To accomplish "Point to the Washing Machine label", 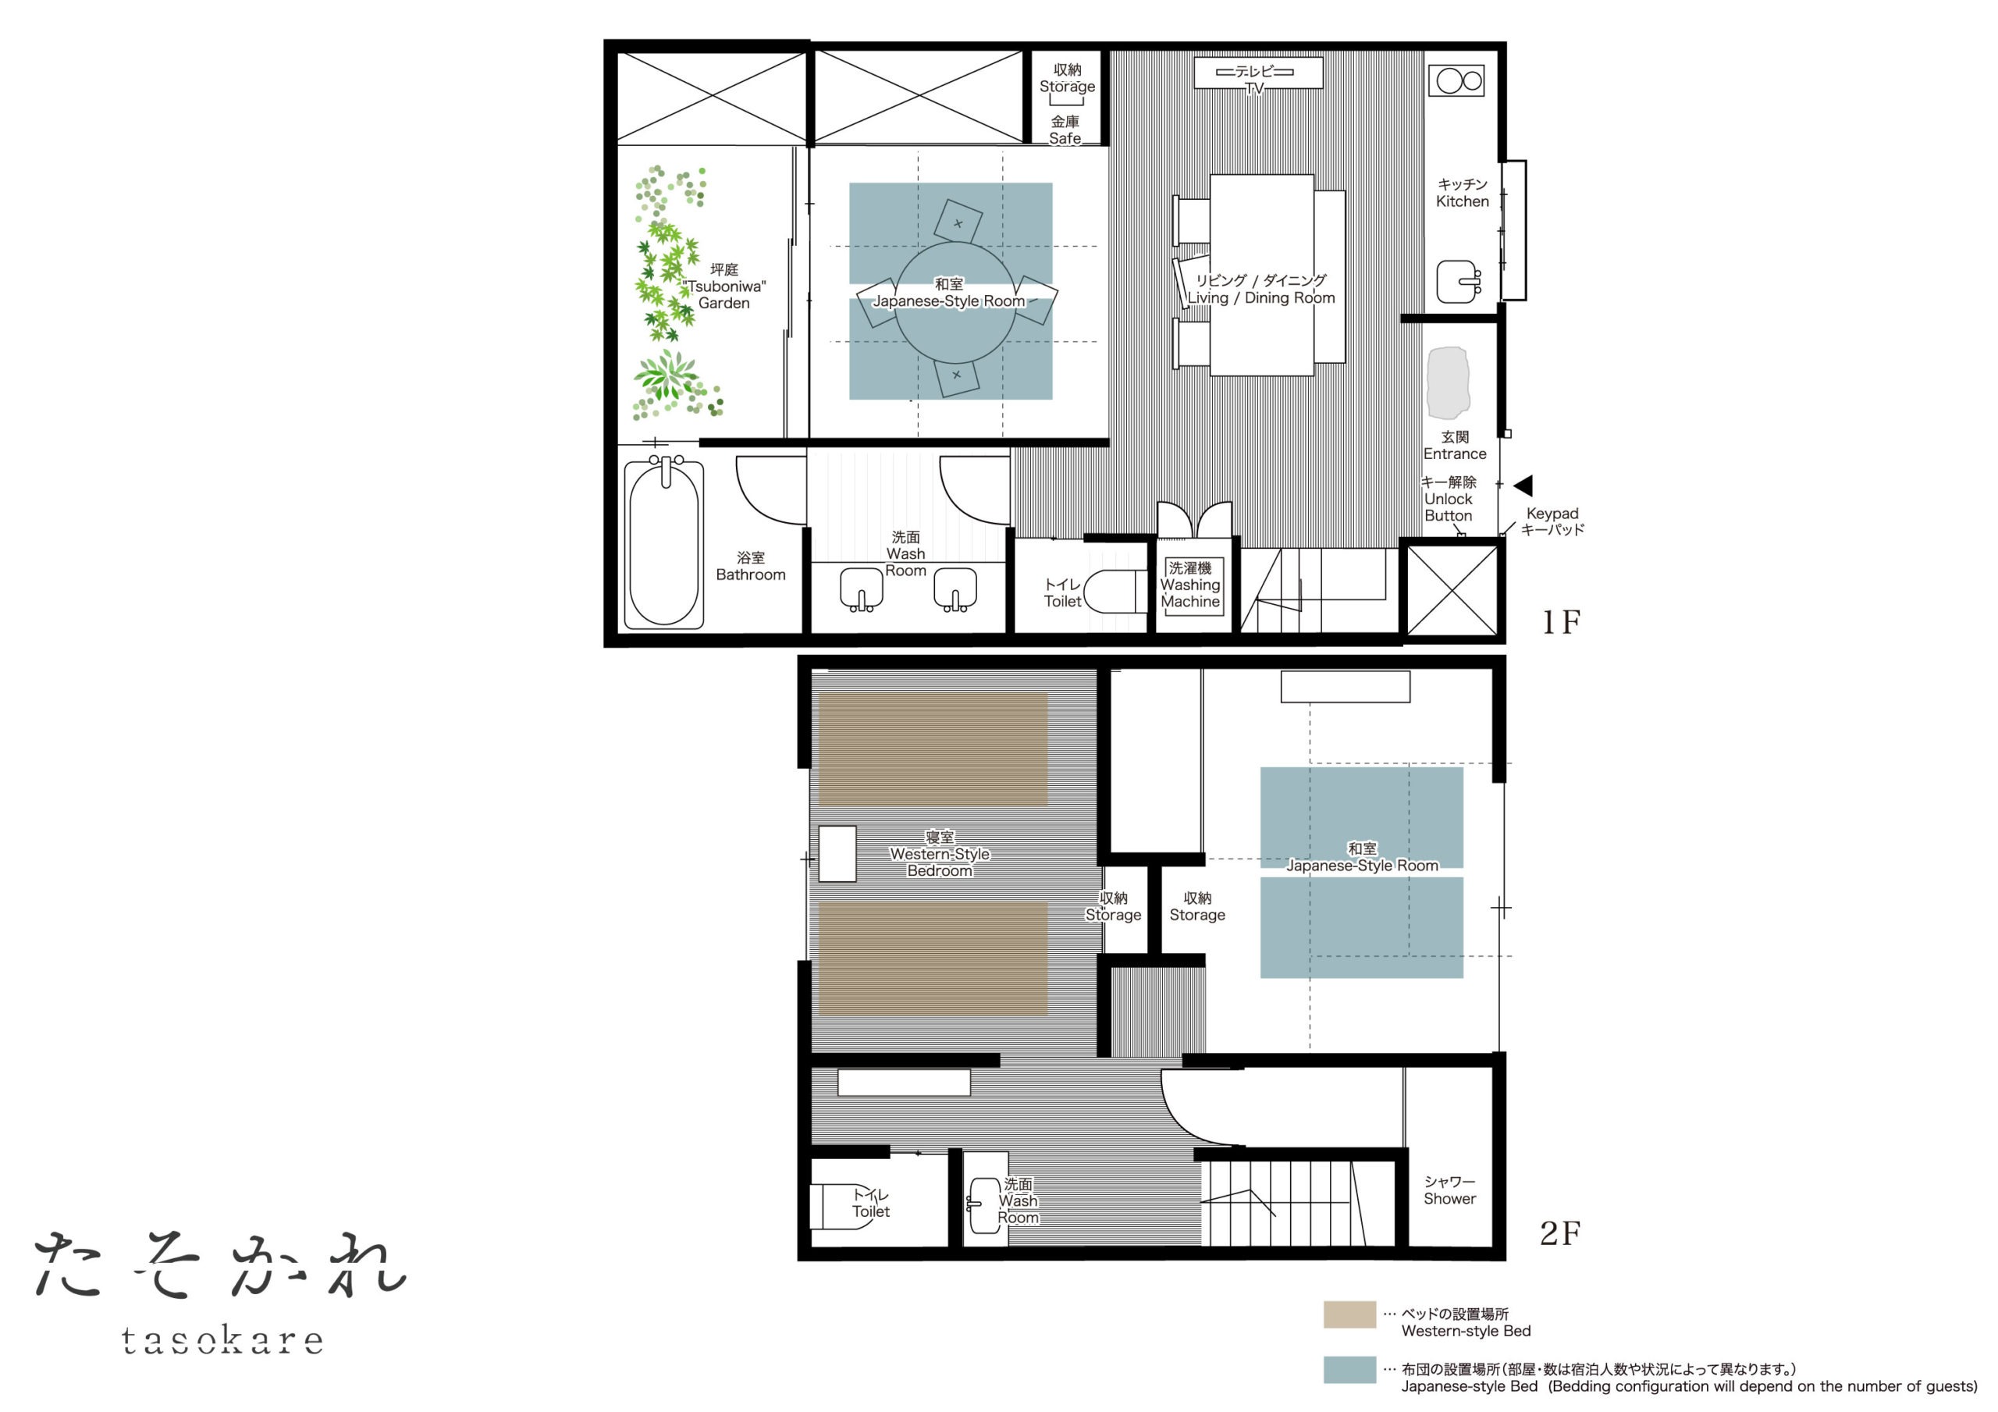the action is tap(1189, 585).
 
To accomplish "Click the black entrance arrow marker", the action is tap(1523, 485).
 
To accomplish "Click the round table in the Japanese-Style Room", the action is tap(955, 302).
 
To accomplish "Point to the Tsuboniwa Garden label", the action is tap(724, 286).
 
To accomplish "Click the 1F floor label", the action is tap(1561, 621).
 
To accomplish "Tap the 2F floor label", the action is tap(1560, 1232).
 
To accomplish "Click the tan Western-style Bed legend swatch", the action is tap(1349, 1314).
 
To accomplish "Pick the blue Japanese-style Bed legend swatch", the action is tap(1349, 1369).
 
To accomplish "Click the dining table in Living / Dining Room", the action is tap(1261, 275).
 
